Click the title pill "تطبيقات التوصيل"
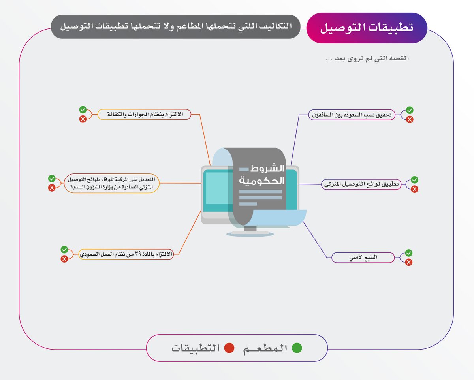[x=367, y=28]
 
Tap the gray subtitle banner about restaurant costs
[x=175, y=27]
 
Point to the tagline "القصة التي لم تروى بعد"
[x=366, y=59]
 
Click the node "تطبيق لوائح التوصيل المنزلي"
[x=361, y=184]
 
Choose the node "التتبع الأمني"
[x=363, y=258]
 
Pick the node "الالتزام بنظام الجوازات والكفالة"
[x=144, y=115]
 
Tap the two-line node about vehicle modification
[x=111, y=183]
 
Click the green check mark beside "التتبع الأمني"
[x=409, y=253]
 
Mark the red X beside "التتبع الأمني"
[x=409, y=262]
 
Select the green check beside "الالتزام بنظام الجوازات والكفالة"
[x=83, y=110]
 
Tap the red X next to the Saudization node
[x=410, y=119]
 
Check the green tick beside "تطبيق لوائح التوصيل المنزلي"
[x=414, y=180]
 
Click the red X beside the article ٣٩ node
[x=64, y=259]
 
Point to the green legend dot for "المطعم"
[x=297, y=348]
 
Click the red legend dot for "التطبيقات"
[x=229, y=348]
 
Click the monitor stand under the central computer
[x=250, y=230]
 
